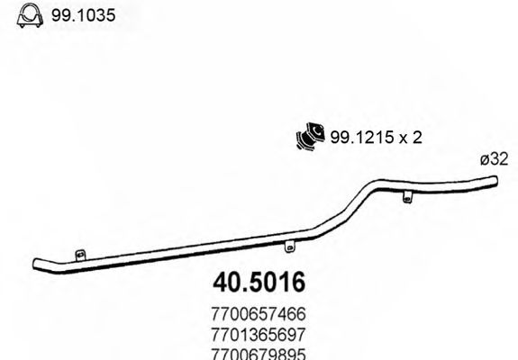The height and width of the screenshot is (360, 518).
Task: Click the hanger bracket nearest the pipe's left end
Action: pyautogui.click(x=80, y=256)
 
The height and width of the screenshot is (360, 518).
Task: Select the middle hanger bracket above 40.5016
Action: pyautogui.click(x=288, y=246)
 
